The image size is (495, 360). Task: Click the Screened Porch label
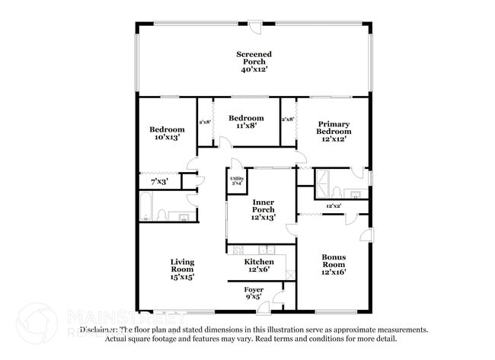(254, 58)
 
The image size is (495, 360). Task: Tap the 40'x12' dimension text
(254, 69)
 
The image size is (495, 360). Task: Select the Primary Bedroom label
(334, 128)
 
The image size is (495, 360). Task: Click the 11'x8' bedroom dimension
(246, 127)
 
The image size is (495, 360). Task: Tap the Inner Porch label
(263, 206)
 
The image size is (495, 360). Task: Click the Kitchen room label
(259, 262)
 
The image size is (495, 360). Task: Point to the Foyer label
(254, 290)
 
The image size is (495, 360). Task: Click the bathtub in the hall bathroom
(147, 205)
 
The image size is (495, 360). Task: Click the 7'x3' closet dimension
(158, 183)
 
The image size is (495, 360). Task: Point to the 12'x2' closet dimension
(333, 206)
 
